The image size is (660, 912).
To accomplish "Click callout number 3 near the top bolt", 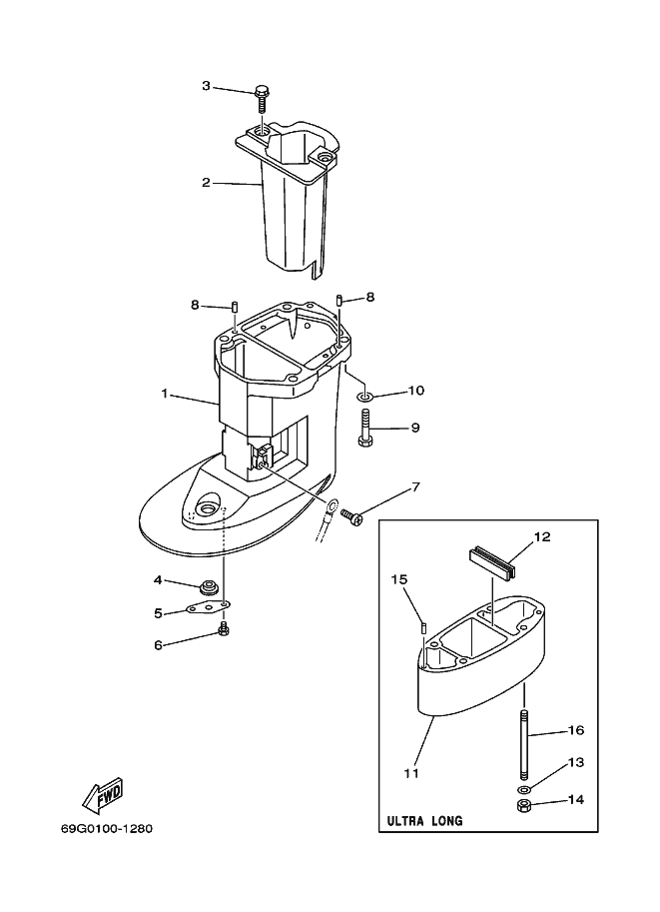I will (x=206, y=86).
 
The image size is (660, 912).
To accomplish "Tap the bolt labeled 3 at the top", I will (x=261, y=97).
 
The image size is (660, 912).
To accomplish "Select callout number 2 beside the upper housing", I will (x=205, y=182).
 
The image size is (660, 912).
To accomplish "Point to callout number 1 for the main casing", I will (x=165, y=394).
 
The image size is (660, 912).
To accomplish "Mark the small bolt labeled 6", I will (x=224, y=629).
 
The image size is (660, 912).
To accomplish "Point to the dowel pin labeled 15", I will (x=424, y=627).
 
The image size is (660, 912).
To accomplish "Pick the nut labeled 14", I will (x=523, y=806).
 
